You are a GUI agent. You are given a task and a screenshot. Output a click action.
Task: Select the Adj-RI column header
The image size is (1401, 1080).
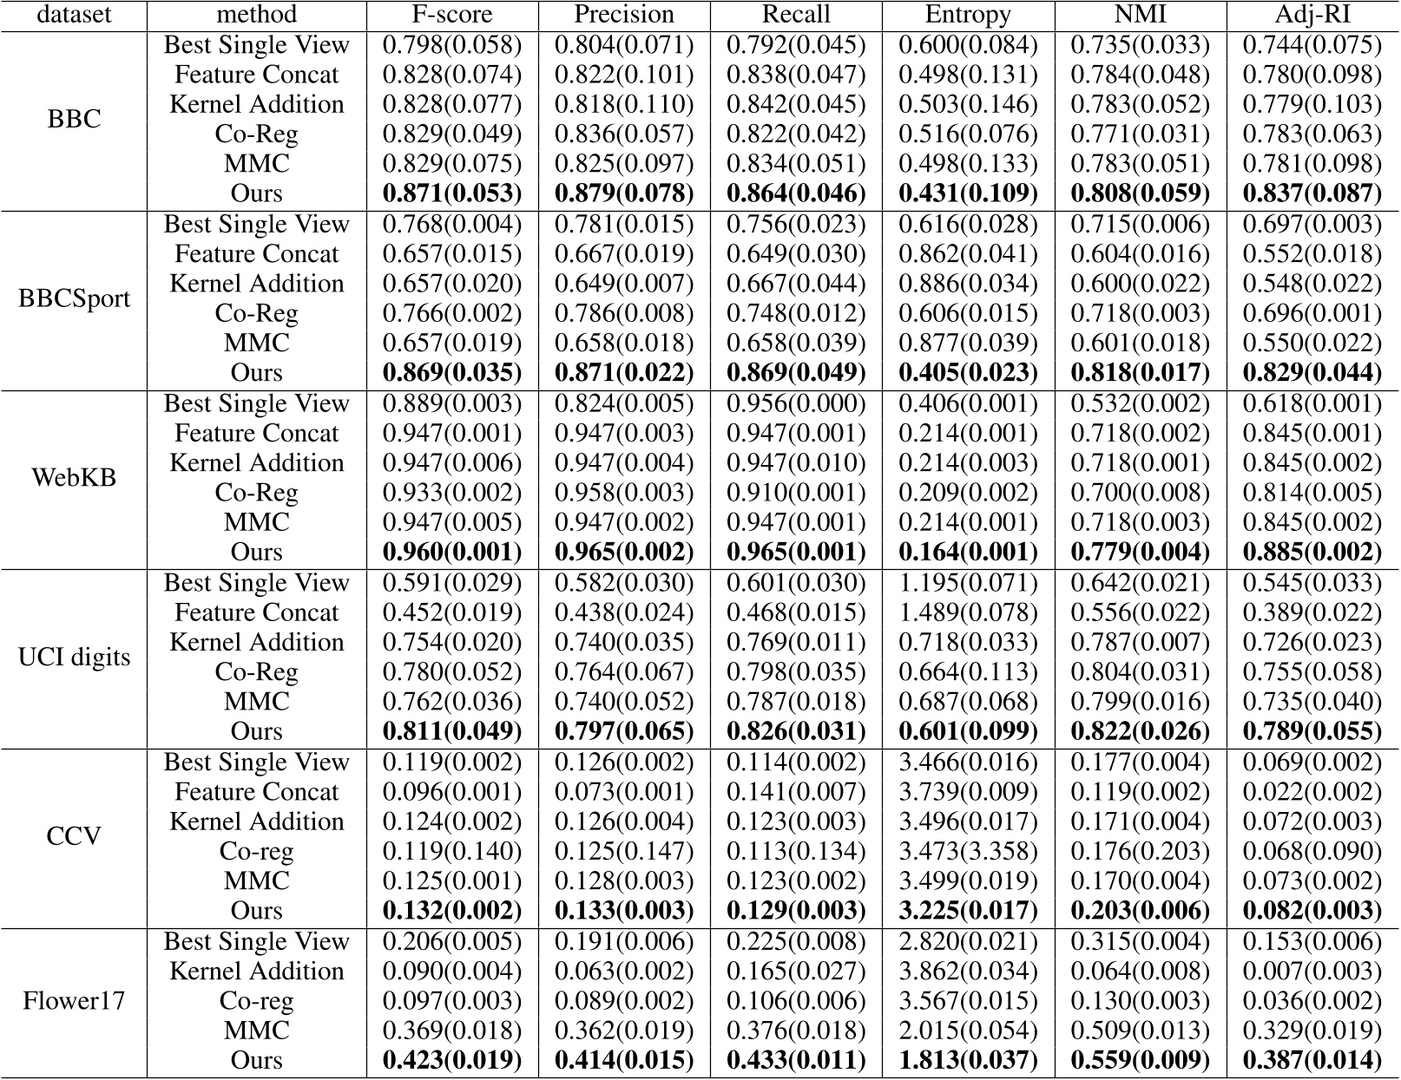(x=1312, y=15)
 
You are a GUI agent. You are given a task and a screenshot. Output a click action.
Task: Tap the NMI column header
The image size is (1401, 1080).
(x=1140, y=15)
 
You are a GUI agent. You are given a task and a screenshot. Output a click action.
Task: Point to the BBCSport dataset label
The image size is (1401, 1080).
(x=74, y=298)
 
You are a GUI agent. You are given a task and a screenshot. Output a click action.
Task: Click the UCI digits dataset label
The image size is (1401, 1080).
(x=74, y=657)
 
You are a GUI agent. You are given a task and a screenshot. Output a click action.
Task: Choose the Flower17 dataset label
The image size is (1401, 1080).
(x=74, y=1001)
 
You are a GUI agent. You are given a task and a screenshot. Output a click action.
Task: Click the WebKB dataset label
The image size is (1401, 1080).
(x=74, y=478)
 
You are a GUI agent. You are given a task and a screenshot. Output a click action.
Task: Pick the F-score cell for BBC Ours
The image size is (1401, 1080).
(x=452, y=193)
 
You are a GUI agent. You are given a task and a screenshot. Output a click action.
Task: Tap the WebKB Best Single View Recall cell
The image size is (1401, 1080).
(x=796, y=403)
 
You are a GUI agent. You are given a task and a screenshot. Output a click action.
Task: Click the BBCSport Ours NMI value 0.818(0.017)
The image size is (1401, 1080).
(x=1140, y=372)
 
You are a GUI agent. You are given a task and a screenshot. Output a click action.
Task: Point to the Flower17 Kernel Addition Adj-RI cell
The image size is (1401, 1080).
(x=1312, y=971)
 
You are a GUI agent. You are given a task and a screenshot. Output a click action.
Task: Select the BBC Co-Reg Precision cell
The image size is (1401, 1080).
(x=624, y=134)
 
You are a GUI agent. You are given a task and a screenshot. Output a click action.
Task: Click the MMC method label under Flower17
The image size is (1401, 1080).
(x=256, y=1031)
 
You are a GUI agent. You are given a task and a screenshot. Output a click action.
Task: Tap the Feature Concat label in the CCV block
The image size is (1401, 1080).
(x=256, y=792)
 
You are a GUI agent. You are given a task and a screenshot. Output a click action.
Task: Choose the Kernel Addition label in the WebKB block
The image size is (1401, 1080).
(x=256, y=463)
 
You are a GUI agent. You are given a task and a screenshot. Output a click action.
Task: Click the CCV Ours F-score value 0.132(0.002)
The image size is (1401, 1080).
(x=452, y=911)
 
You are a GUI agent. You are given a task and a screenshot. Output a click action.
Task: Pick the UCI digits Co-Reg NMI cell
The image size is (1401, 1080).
(x=1140, y=672)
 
